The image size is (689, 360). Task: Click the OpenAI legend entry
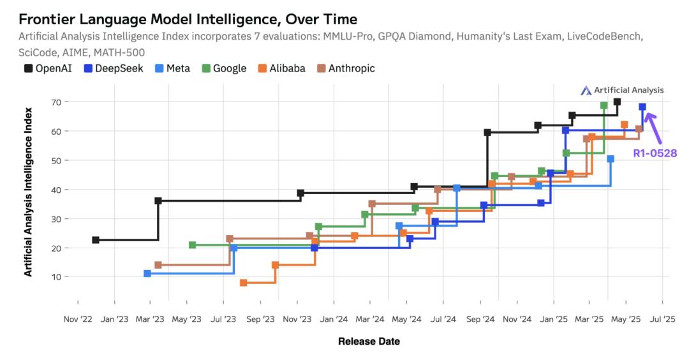(x=44, y=68)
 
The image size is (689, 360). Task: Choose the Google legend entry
(x=224, y=68)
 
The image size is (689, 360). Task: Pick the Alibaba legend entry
(x=281, y=68)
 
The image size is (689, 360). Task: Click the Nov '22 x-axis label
(x=78, y=319)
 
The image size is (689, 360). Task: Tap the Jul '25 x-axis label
(x=662, y=319)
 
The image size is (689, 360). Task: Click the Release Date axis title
(x=369, y=341)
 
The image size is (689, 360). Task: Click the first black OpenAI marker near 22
(x=96, y=240)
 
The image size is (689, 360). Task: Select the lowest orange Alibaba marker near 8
(x=244, y=283)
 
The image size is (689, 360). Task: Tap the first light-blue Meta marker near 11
(x=147, y=273)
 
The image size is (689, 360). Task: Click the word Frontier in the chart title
(x=43, y=19)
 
